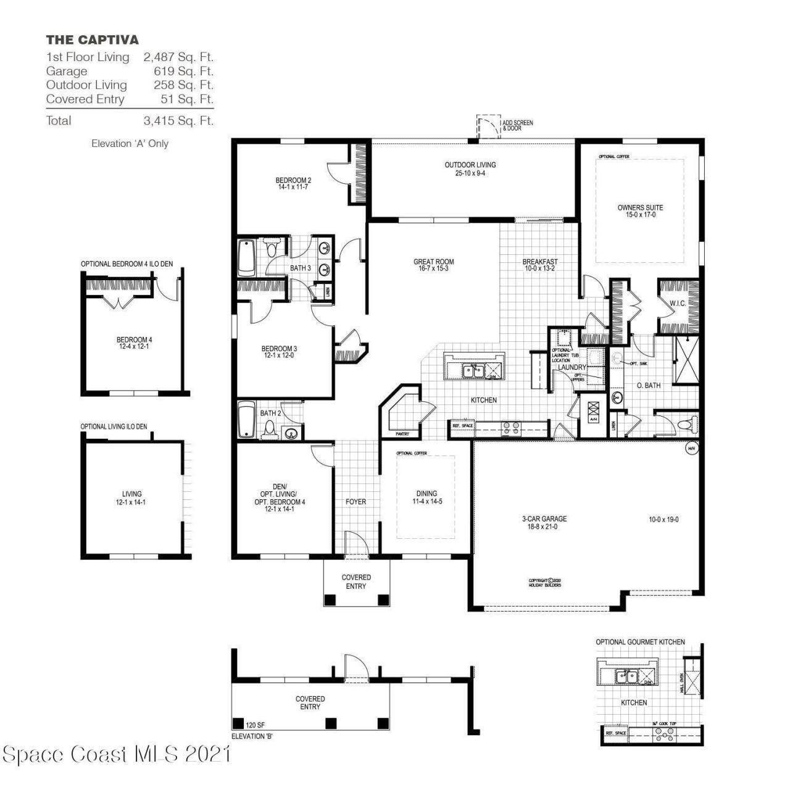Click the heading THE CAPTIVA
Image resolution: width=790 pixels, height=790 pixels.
[93, 40]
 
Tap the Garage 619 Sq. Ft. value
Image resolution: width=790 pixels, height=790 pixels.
[183, 71]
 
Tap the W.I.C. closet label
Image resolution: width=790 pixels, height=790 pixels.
[678, 304]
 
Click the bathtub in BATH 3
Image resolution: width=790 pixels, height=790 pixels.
[247, 258]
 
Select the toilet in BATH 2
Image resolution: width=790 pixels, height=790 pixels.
[269, 428]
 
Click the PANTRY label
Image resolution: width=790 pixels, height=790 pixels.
[402, 434]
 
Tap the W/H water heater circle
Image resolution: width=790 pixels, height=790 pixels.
[691, 449]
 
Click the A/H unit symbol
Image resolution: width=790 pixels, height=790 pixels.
[594, 411]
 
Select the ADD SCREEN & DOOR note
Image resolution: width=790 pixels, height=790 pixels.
[517, 126]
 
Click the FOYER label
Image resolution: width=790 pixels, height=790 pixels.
[355, 502]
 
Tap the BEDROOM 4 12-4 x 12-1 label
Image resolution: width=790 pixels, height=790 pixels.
[134, 343]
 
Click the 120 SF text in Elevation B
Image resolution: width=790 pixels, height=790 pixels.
[256, 724]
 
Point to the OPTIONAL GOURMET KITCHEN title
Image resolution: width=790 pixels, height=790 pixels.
[640, 642]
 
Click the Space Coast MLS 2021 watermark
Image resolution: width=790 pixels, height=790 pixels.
[117, 754]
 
